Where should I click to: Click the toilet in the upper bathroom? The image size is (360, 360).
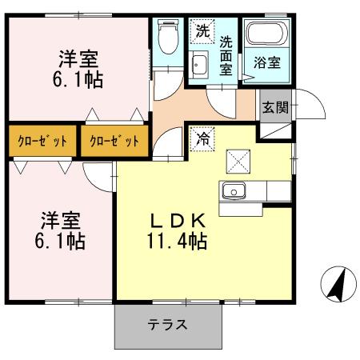tap(167, 37)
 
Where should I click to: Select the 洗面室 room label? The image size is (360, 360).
tap(226, 54)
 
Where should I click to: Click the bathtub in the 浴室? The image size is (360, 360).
tap(267, 34)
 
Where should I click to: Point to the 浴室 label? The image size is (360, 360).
tap(267, 62)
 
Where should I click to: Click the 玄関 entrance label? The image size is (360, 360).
tap(274, 107)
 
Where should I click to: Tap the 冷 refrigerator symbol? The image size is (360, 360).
tap(202, 138)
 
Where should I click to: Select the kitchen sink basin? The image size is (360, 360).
tap(234, 191)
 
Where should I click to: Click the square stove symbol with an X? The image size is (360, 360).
tap(239, 161)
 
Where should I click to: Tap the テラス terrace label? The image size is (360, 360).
tap(167, 325)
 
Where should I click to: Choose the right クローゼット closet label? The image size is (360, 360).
tap(113, 141)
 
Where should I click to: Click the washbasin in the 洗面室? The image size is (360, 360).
tap(200, 65)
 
